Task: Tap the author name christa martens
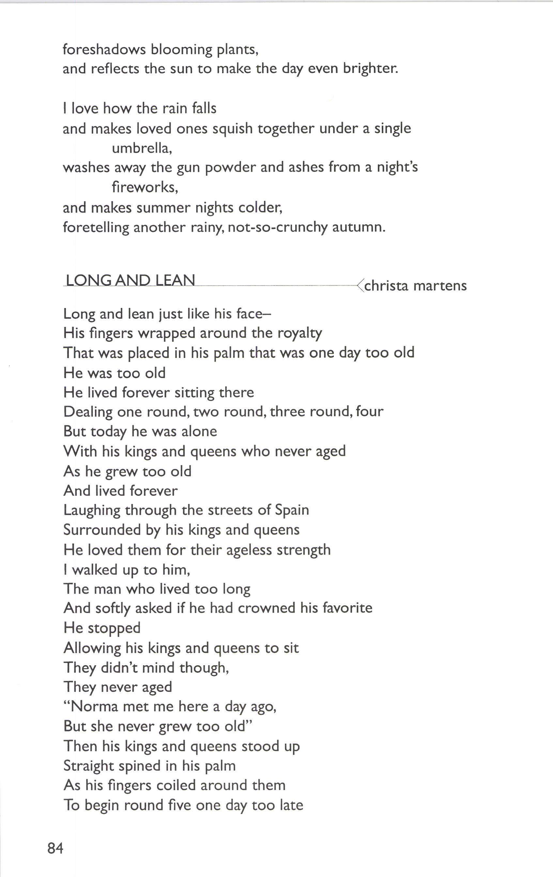click(415, 285)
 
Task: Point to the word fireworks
click(145, 187)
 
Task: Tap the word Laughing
click(91, 510)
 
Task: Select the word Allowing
click(92, 648)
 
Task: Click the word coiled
click(176, 785)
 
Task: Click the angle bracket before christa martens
click(360, 285)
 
